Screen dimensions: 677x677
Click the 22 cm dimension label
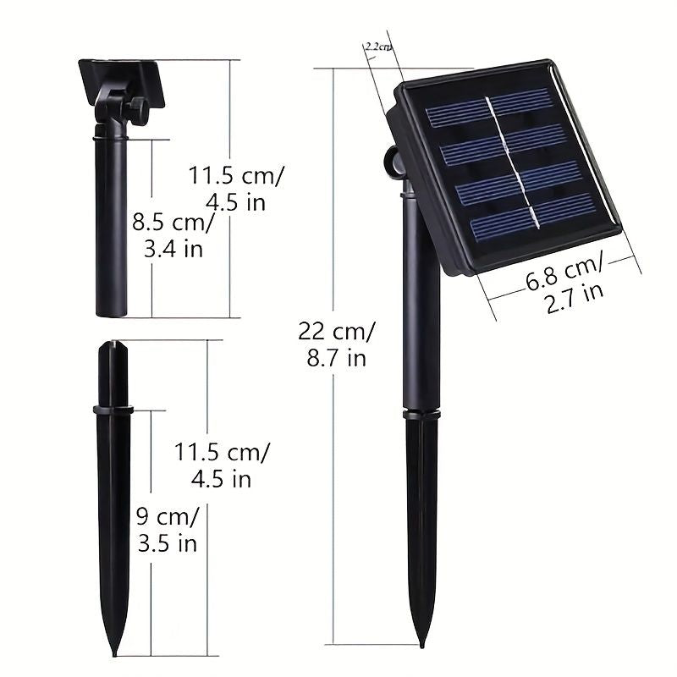pos(337,332)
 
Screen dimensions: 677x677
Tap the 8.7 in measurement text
pos(337,358)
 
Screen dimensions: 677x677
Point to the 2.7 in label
pos(575,297)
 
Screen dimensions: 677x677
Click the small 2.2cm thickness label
pos(378,47)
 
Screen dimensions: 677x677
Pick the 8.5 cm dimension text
pos(173,223)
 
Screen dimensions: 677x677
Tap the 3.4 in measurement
pos(173,249)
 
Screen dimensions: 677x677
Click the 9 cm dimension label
pos(168,516)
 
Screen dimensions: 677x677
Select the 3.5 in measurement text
pos(168,543)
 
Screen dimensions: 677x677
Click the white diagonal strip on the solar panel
pos(513,162)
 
